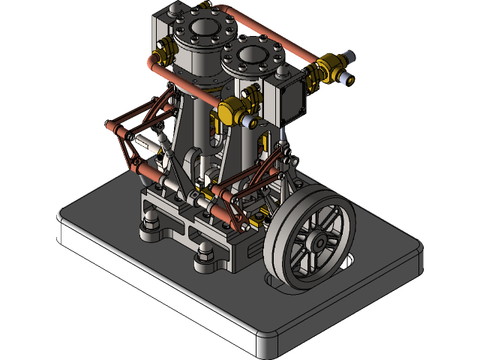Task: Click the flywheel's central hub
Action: tap(321, 242)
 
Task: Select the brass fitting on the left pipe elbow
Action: tap(163, 57)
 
